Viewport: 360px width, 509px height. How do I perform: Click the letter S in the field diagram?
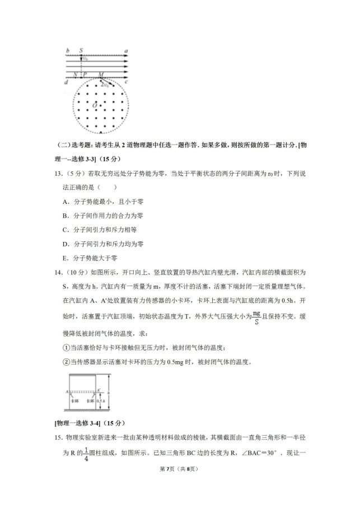(x=82, y=50)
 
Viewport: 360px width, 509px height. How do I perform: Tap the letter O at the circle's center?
(x=96, y=105)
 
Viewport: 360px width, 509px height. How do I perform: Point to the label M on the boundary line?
(x=101, y=74)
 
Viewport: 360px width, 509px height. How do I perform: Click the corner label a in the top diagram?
(x=127, y=50)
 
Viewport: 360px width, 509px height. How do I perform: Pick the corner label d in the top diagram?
(x=67, y=83)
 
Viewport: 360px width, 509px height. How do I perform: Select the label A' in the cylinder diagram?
(x=99, y=390)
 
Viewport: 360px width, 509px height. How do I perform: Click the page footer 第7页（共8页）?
(x=180, y=484)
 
